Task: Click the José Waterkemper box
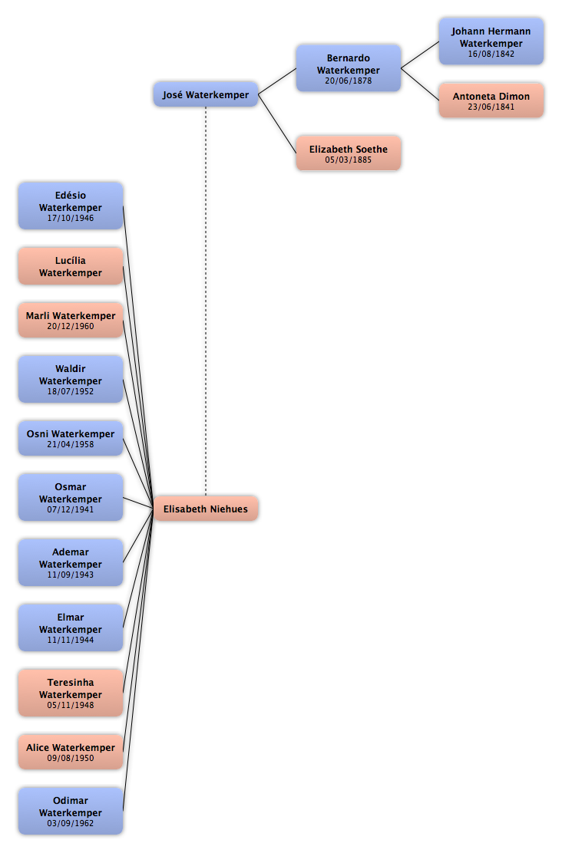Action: (x=206, y=94)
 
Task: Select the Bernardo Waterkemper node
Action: (x=349, y=68)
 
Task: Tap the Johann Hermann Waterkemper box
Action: (x=491, y=41)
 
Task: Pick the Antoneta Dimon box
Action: (x=491, y=100)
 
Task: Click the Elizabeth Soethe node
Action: (x=349, y=153)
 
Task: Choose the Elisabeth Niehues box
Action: (x=206, y=509)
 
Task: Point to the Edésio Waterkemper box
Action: (x=71, y=206)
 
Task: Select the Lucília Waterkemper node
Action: (x=71, y=267)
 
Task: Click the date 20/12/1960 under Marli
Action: (x=71, y=327)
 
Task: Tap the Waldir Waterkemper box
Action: (x=71, y=380)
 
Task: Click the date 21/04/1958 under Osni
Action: (x=71, y=444)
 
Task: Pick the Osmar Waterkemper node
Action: (x=71, y=498)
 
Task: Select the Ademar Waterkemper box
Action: (x=71, y=563)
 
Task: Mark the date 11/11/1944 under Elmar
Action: (x=71, y=640)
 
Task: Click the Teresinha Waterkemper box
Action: (x=71, y=693)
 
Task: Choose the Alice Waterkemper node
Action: (x=71, y=753)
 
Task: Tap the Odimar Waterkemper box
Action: (x=71, y=811)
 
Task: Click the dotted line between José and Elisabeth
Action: (x=206, y=301)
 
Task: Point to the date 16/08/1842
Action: (x=491, y=54)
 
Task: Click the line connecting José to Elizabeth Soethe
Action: (x=277, y=124)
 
